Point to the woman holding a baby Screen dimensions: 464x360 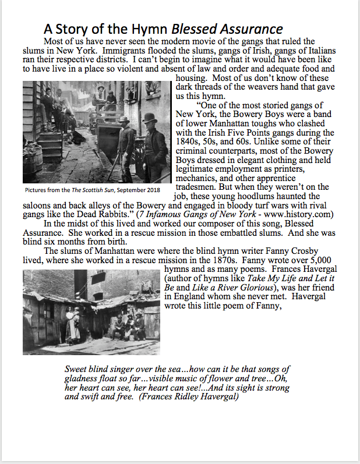pyautogui.click(x=72, y=326)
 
